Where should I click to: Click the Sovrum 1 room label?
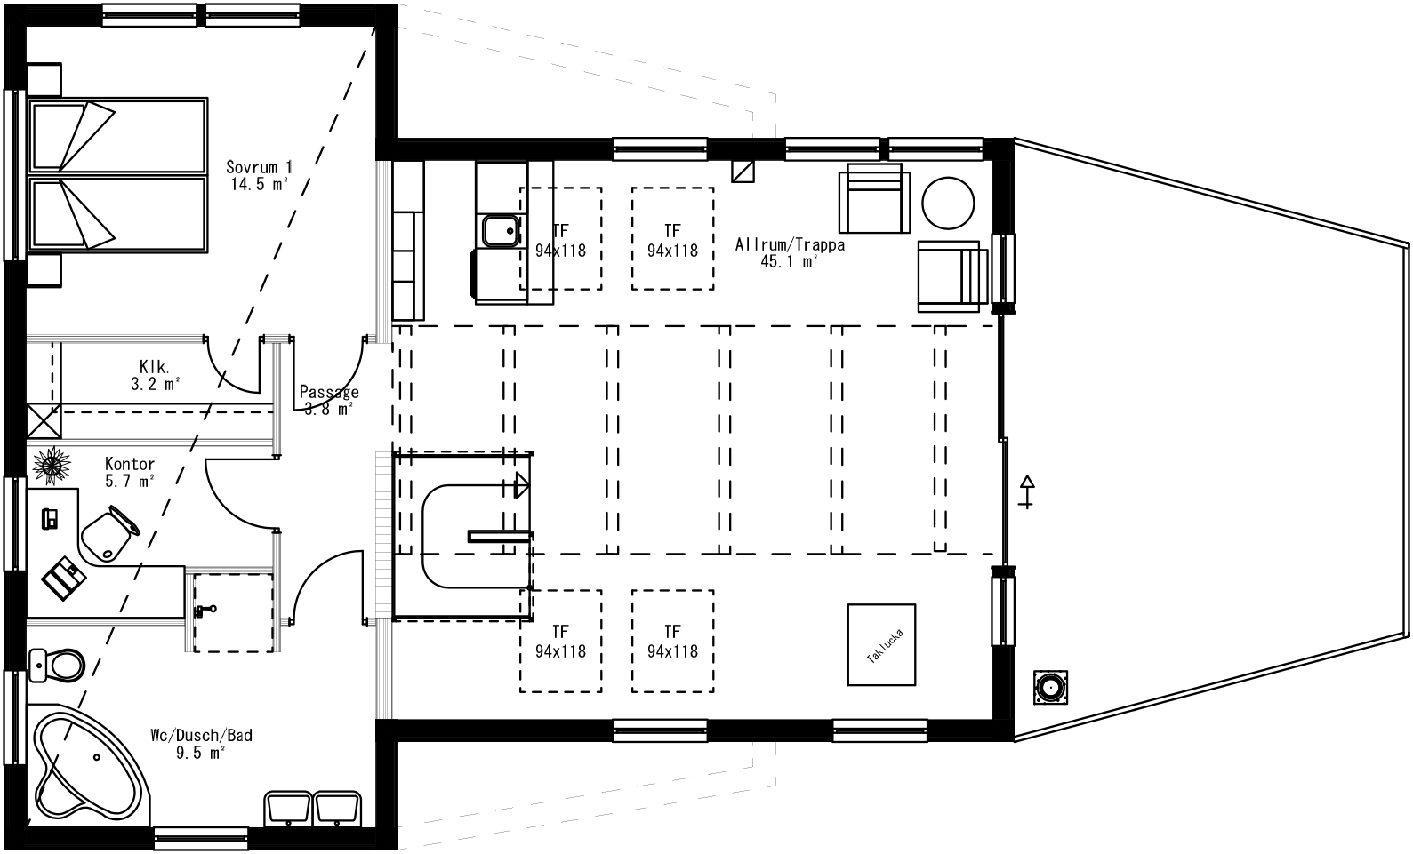pyautogui.click(x=259, y=175)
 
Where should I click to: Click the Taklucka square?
pyautogui.click(x=880, y=644)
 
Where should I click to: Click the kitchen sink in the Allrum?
pyautogui.click(x=500, y=232)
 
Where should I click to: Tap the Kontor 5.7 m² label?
pyautogui.click(x=130, y=472)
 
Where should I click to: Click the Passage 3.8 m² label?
pyautogui.click(x=329, y=400)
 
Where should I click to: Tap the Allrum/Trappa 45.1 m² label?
pyautogui.click(x=790, y=252)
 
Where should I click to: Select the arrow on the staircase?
pyautogui.click(x=522, y=485)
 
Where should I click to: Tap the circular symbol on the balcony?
pyautogui.click(x=1051, y=688)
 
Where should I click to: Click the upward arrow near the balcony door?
pyautogui.click(x=1027, y=491)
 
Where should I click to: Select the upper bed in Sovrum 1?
pyautogui.click(x=118, y=135)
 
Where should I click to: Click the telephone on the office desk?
pyautogui.click(x=50, y=516)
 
